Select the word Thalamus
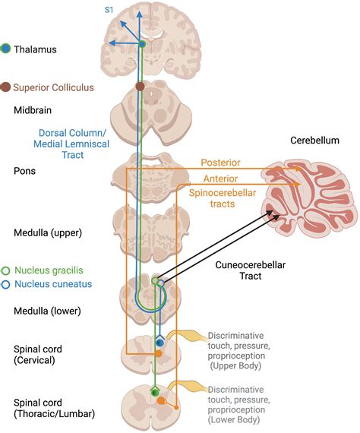pos(36,49)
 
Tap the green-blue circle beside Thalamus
pos(7,49)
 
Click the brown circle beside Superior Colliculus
pos(7,87)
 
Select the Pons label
pos(26,171)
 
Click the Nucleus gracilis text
pos(52,270)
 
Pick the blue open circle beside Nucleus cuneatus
pos(7,285)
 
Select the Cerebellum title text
pos(311,141)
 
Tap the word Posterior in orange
pos(221,163)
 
